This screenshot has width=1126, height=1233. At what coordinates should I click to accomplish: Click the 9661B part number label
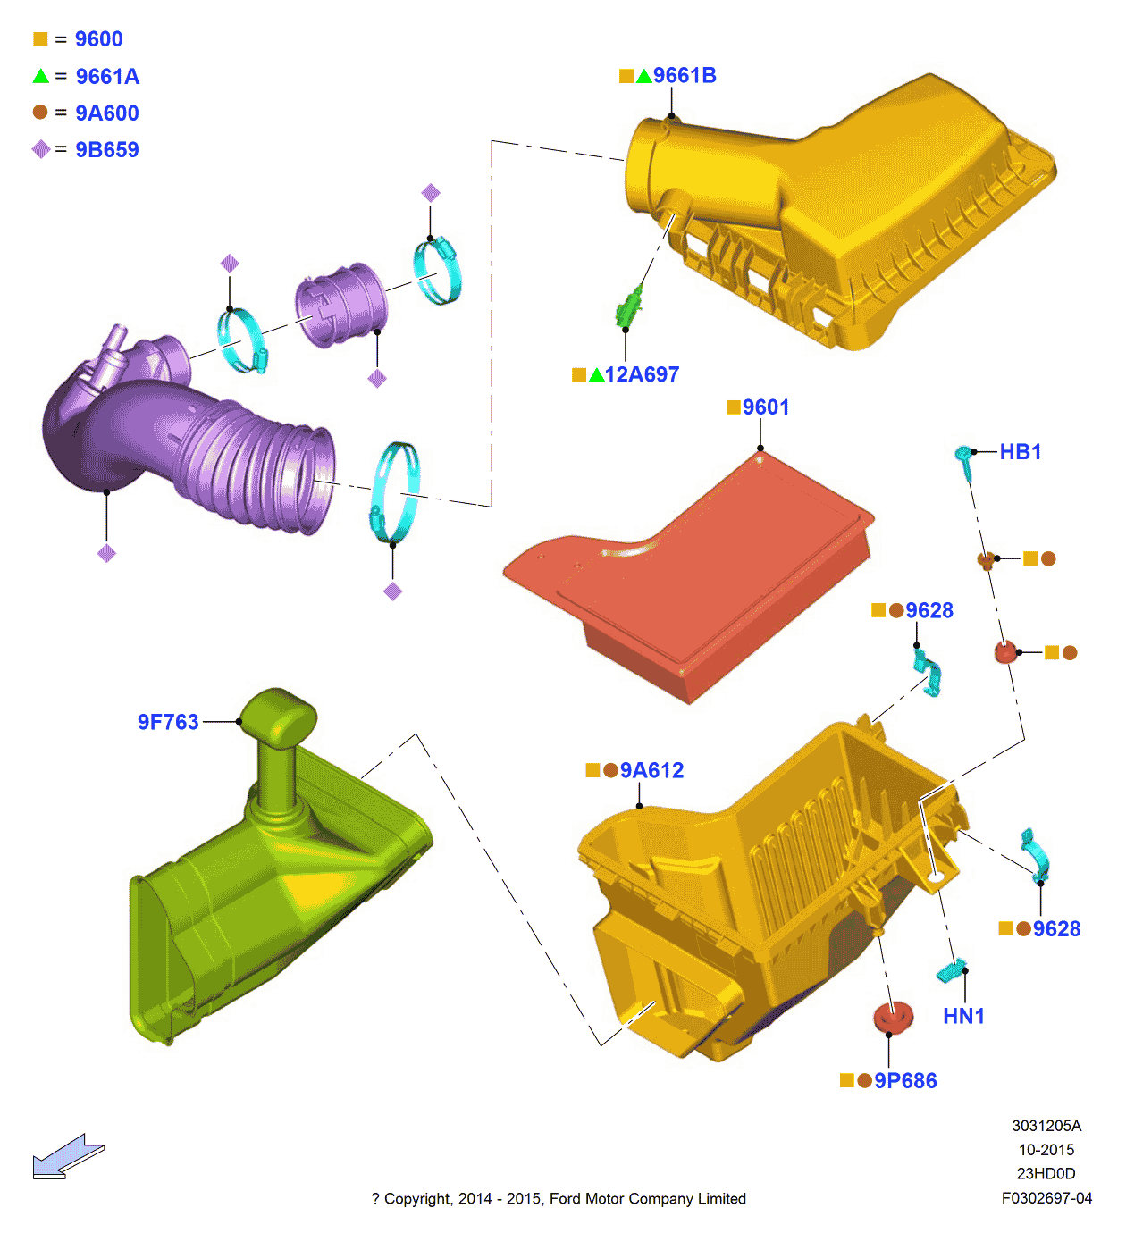[x=684, y=76]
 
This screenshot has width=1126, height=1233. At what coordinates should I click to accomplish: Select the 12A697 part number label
[x=641, y=375]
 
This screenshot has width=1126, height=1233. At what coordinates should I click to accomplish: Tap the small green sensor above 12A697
[x=629, y=309]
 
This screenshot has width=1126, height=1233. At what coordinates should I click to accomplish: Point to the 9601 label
[x=765, y=407]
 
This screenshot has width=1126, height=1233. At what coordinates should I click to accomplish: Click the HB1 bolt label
[x=1020, y=452]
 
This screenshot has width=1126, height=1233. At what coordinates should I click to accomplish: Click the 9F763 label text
[x=168, y=722]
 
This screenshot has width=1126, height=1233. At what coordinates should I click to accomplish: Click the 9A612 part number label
[x=651, y=771]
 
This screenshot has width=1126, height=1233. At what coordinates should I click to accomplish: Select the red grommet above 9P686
[x=893, y=1017]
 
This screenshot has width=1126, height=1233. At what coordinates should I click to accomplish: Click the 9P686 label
[x=904, y=1081]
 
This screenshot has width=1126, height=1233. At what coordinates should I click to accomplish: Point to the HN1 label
[x=963, y=1017]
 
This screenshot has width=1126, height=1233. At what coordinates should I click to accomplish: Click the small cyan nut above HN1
[x=950, y=970]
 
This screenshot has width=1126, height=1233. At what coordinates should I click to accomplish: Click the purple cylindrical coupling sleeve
[x=342, y=304]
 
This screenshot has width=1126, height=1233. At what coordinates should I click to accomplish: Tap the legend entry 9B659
[x=107, y=150]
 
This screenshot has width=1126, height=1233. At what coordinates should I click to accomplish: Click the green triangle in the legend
[x=41, y=76]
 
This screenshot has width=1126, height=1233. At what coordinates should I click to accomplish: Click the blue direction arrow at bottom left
[x=67, y=1157]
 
